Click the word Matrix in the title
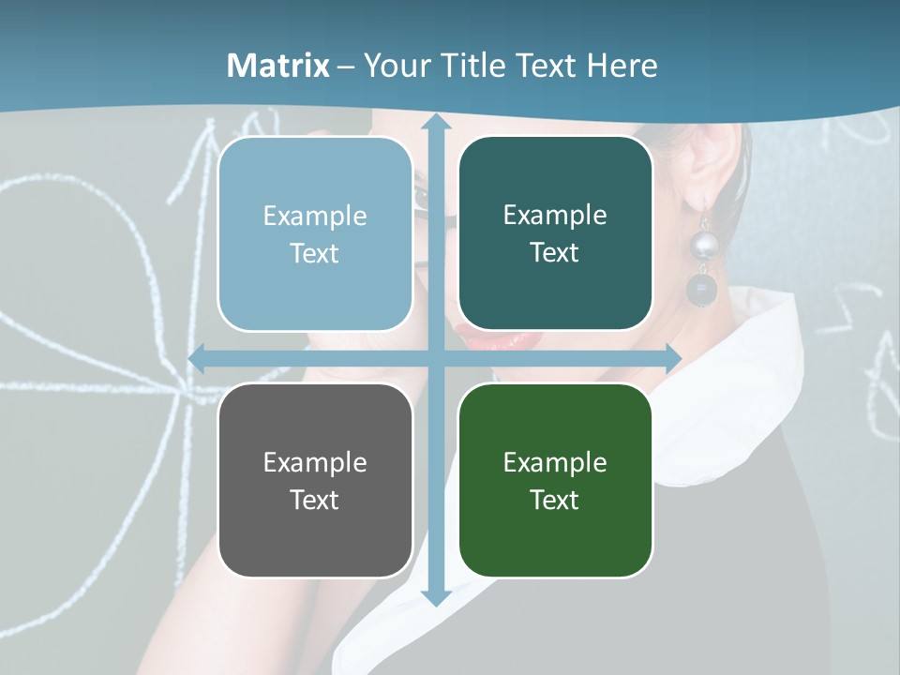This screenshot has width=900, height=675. click(x=278, y=66)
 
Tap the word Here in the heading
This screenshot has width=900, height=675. click(x=622, y=66)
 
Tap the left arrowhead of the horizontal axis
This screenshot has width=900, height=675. click(x=198, y=358)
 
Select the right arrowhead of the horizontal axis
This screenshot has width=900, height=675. click(x=672, y=358)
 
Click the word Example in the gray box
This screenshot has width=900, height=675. click(x=315, y=462)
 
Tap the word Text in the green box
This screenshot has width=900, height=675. click(x=555, y=500)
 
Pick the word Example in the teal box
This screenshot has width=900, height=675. click(x=555, y=216)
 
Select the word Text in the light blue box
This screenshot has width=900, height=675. click(x=315, y=253)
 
